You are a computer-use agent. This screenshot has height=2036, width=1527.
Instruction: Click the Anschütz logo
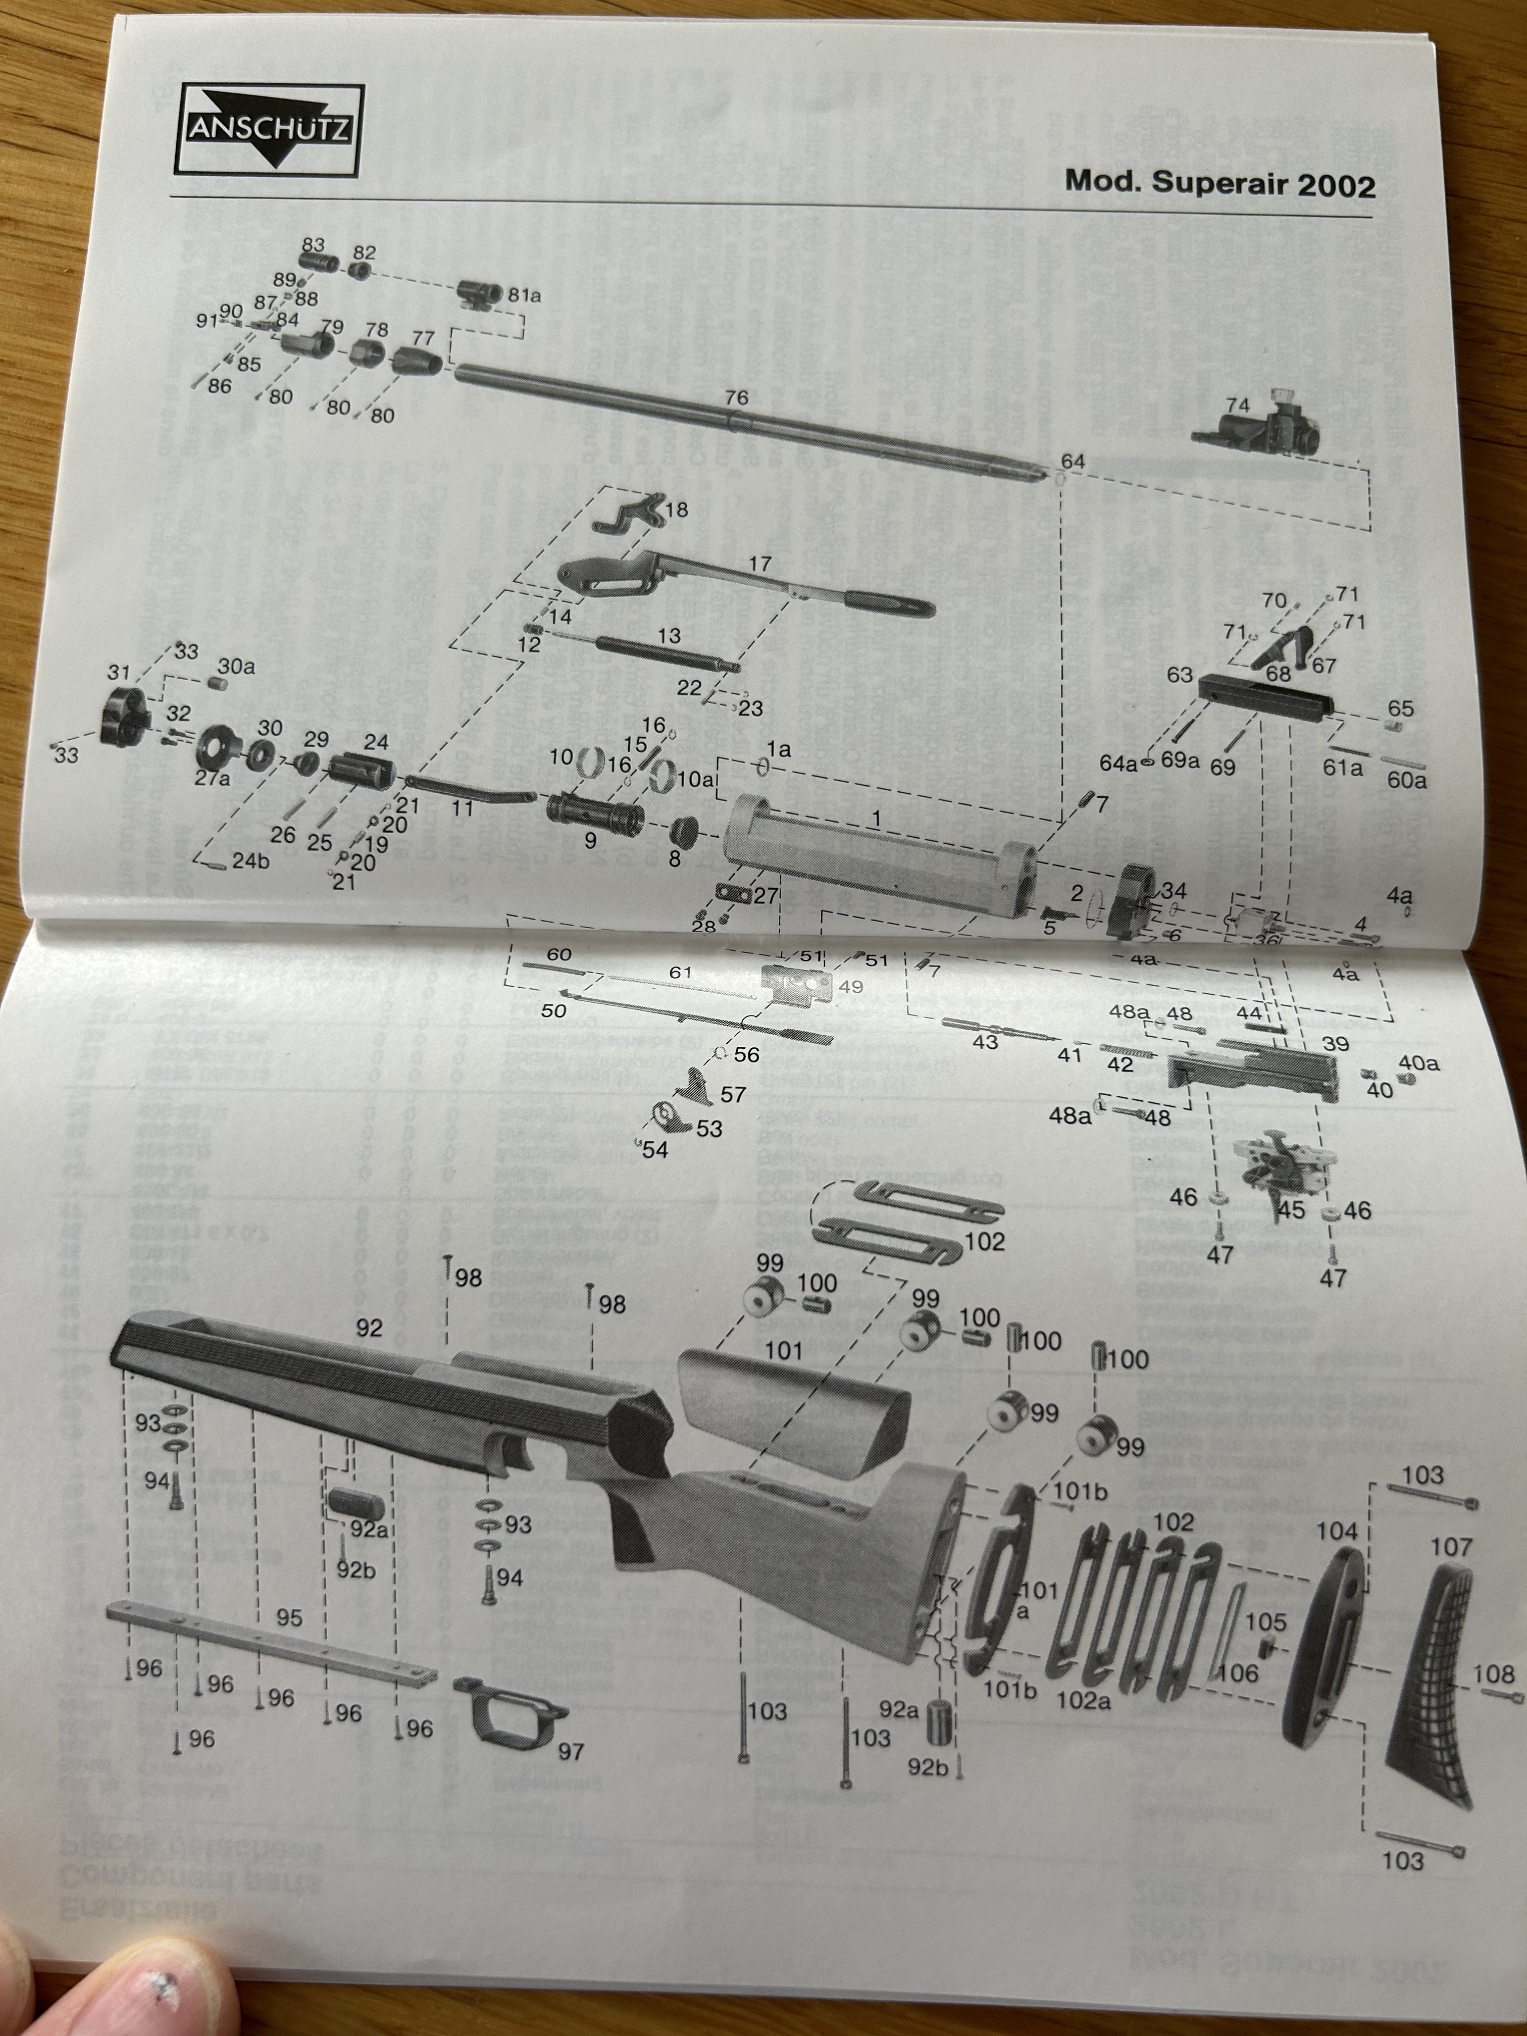(x=270, y=129)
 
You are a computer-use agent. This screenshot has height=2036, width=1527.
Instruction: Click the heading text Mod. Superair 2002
(x=1219, y=182)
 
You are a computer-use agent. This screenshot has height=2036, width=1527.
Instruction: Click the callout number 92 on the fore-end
(x=368, y=1327)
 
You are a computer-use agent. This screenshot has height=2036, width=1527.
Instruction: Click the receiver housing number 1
(x=876, y=818)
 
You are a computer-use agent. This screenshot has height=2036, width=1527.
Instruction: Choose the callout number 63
(x=1179, y=675)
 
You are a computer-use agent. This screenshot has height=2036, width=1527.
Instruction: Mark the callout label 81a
(x=524, y=295)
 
